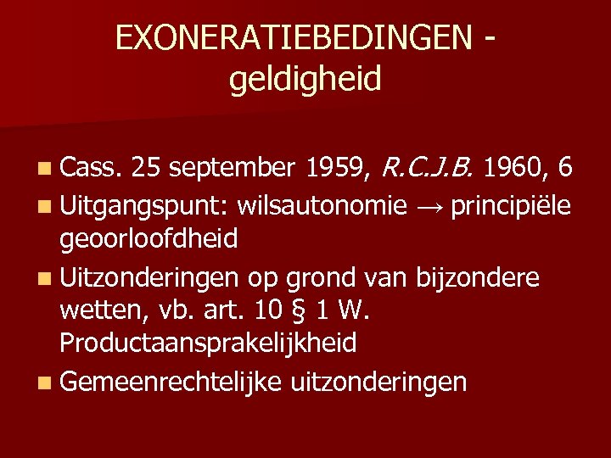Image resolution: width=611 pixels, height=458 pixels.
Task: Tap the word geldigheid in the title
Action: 305,80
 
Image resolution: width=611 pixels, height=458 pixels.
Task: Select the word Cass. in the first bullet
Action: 93,170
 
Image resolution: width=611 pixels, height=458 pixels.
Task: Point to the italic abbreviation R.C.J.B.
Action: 427,170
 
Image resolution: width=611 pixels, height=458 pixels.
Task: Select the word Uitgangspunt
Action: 145,205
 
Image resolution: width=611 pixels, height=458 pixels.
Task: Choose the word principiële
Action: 512,205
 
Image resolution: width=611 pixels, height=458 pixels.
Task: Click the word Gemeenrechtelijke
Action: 170,382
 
